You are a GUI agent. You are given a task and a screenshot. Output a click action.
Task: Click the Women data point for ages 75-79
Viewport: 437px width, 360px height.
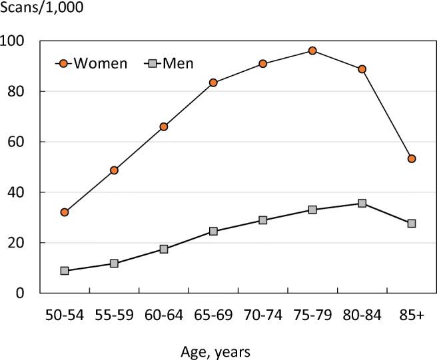click(x=312, y=51)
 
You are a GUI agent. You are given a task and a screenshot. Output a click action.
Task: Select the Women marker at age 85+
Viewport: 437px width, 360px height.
click(x=412, y=158)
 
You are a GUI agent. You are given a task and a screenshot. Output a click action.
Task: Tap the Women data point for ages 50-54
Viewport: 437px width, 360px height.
click(x=65, y=212)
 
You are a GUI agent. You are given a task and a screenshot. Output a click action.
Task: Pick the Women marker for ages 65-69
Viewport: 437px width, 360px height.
click(x=213, y=83)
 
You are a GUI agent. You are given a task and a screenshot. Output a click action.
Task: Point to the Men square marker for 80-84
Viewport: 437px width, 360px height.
click(x=362, y=203)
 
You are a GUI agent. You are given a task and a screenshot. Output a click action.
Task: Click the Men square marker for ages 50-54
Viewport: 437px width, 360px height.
click(x=65, y=271)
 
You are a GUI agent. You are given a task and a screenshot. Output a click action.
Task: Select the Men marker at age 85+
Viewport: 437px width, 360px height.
click(x=412, y=224)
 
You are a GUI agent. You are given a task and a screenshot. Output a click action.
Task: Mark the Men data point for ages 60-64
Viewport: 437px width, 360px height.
click(x=164, y=249)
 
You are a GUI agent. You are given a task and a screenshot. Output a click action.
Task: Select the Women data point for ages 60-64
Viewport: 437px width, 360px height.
click(x=164, y=126)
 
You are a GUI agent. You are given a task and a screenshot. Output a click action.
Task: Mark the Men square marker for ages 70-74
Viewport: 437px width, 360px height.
click(x=262, y=220)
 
